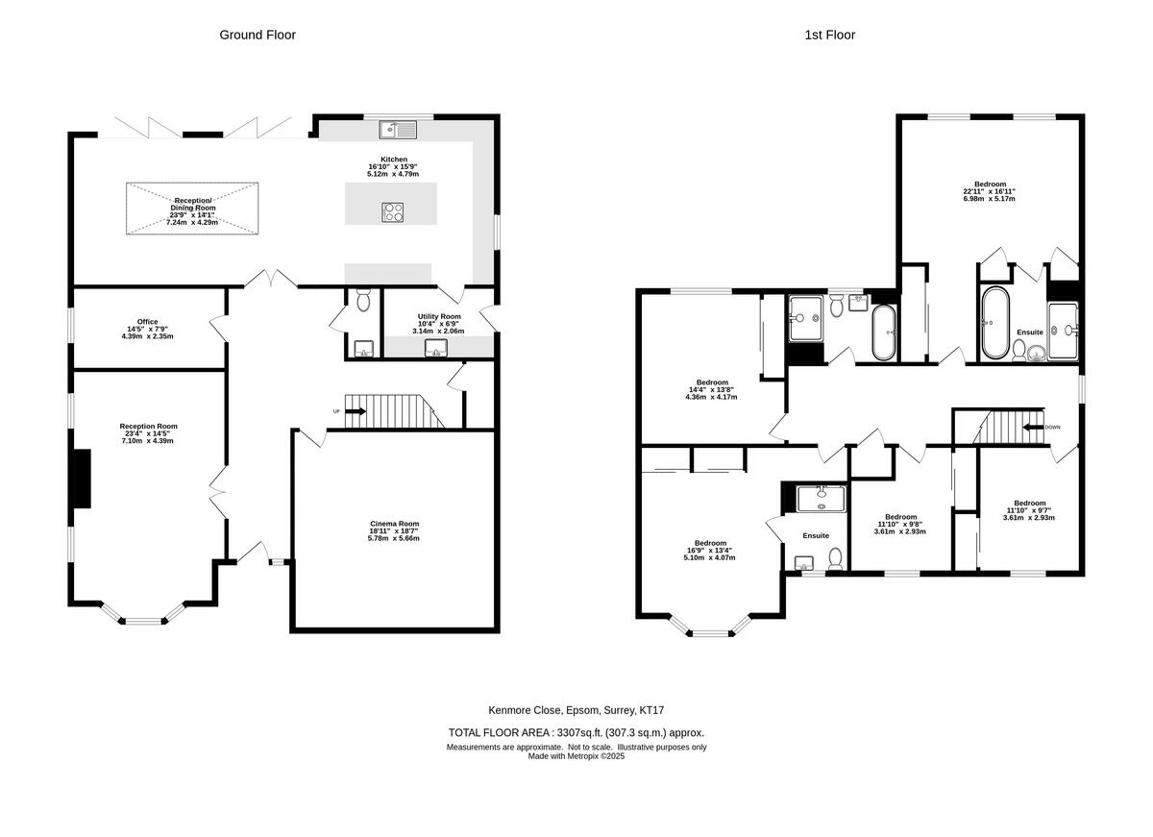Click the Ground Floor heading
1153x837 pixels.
click(258, 35)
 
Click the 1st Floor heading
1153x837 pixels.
click(830, 35)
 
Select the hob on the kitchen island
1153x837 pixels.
click(393, 211)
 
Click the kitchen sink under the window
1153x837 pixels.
click(396, 129)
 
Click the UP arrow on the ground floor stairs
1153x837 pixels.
click(355, 411)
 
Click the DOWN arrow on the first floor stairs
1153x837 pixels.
click(1035, 427)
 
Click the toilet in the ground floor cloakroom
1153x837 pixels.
click(363, 302)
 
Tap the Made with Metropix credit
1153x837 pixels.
click(576, 756)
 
